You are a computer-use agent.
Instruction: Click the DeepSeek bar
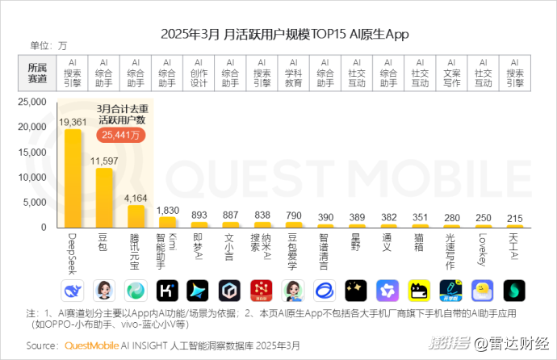coord(73,178)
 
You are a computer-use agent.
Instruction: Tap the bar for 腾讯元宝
coord(136,217)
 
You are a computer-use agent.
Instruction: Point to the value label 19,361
coord(73,121)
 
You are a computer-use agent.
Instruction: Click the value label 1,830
coord(167,210)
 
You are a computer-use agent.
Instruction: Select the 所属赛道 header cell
coord(37,72)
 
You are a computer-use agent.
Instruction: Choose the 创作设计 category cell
coord(199,72)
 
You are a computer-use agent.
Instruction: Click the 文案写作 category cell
coord(451,72)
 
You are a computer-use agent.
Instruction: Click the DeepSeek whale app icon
coord(73,289)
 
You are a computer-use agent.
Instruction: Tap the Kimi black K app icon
coord(167,289)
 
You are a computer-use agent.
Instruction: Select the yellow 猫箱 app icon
coord(419,289)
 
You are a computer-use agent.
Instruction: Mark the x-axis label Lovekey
coord(482,249)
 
